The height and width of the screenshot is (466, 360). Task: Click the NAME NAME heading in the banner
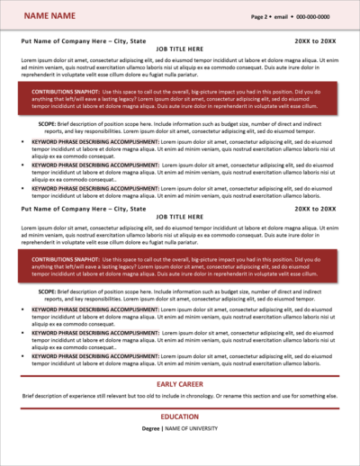(x=49, y=16)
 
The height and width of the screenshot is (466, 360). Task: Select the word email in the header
(x=282, y=16)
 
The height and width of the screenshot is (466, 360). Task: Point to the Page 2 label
(x=260, y=16)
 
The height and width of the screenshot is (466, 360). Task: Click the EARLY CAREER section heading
(x=180, y=384)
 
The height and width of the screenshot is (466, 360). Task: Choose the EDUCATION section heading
(x=180, y=417)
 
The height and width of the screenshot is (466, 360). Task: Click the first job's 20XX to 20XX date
(x=315, y=41)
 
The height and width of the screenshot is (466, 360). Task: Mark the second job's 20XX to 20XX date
(x=315, y=209)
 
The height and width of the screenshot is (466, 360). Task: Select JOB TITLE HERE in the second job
(x=180, y=219)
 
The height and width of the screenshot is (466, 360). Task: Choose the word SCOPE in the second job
(x=47, y=291)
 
